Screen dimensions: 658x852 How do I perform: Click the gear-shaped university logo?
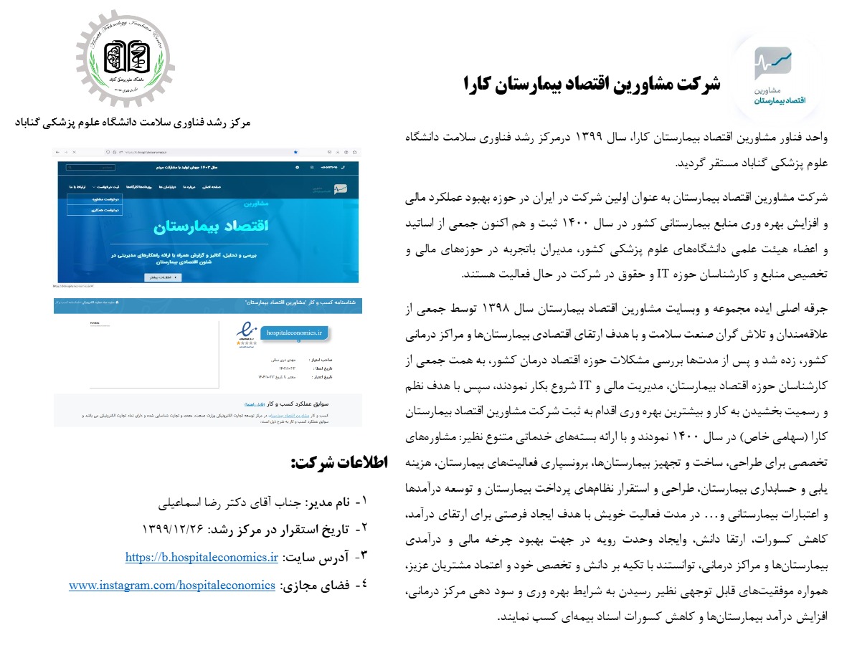126,60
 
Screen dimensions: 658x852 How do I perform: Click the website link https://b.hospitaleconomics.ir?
201,557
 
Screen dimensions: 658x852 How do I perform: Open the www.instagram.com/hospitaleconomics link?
172,585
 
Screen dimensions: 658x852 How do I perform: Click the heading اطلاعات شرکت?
339,463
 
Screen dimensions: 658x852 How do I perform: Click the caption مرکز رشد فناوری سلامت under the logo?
133,123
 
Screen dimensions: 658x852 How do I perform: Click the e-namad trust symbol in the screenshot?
247,334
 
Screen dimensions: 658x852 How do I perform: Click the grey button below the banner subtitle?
164,277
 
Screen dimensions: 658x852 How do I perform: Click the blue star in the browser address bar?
295,153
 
